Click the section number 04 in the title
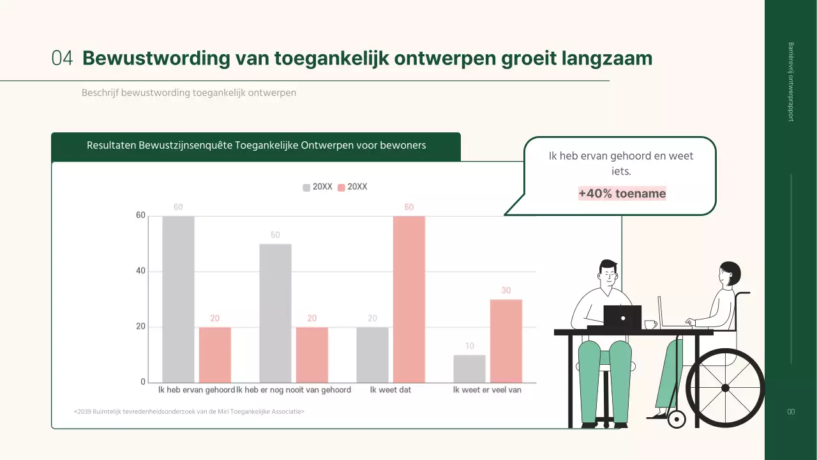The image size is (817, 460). (62, 58)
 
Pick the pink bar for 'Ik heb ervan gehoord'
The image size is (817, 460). (215, 355)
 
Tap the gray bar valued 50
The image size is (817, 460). (275, 313)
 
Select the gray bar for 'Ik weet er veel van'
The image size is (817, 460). (469, 369)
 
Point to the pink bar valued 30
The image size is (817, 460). (506, 341)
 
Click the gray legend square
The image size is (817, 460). (306, 187)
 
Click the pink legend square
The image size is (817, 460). (341, 187)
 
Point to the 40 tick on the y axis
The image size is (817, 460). (140, 271)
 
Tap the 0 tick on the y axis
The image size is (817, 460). (143, 382)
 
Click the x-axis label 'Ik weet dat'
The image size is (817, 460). (391, 390)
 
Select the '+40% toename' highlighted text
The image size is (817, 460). (622, 194)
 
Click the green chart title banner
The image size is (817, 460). (255, 146)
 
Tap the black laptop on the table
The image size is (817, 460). (622, 316)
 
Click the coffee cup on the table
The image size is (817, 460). (650, 325)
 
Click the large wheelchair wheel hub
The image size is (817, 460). (724, 388)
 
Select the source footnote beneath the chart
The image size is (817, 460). (189, 411)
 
